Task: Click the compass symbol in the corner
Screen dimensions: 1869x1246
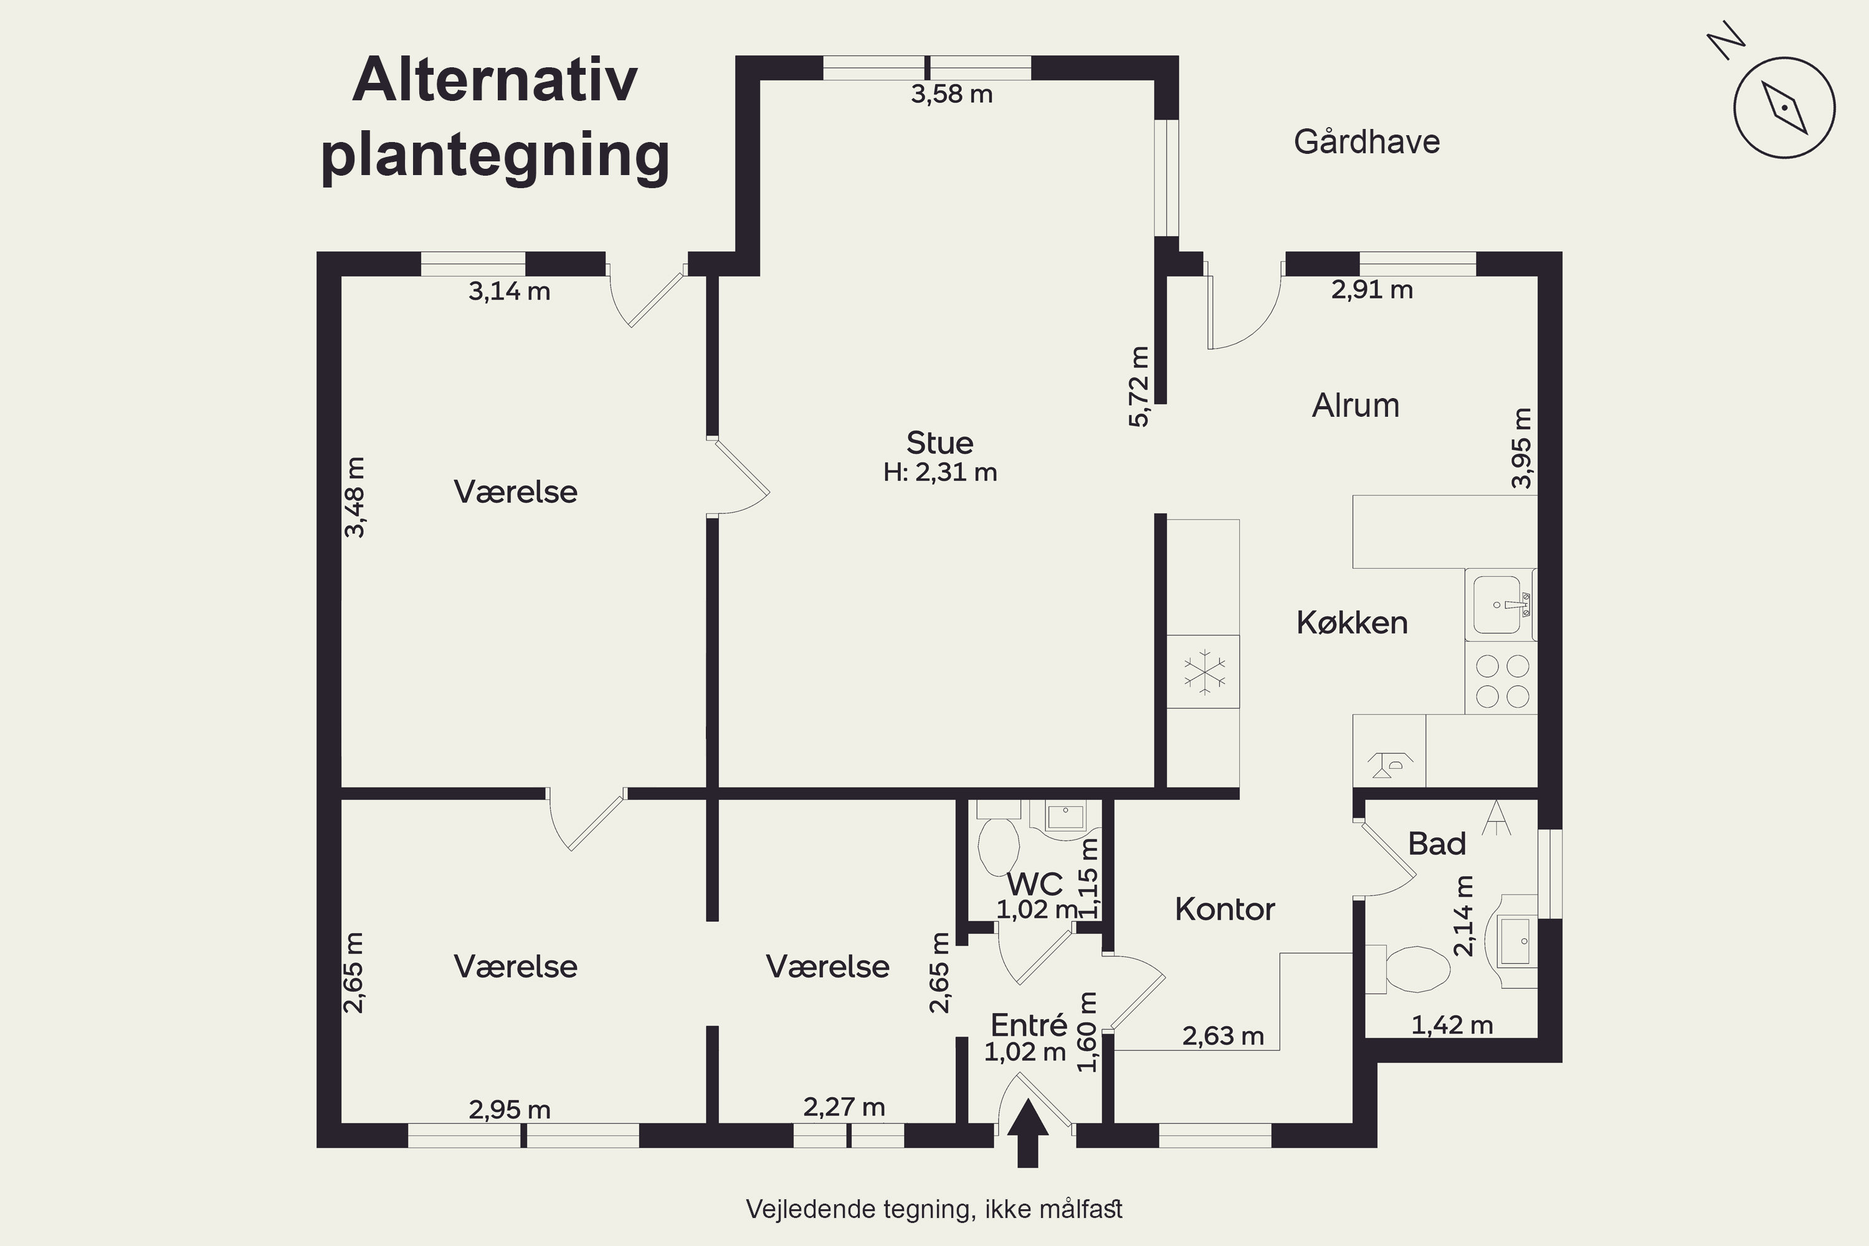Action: tap(1784, 108)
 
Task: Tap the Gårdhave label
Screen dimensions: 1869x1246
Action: tap(1367, 141)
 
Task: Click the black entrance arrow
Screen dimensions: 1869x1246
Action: tap(1027, 1133)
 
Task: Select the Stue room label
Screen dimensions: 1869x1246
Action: tap(940, 442)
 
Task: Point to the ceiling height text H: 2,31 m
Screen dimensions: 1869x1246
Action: tap(940, 472)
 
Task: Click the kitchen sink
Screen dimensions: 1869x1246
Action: tap(1501, 605)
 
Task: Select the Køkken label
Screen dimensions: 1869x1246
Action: tap(1352, 622)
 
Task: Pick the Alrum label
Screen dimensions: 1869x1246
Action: tap(1356, 406)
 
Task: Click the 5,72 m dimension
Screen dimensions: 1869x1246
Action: tap(1139, 386)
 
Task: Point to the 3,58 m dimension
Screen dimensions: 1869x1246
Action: tap(951, 95)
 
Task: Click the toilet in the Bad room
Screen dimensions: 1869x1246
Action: tap(1407, 969)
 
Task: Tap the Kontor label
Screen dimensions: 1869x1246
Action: tap(1225, 909)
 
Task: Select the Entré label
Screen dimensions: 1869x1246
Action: tap(1029, 1025)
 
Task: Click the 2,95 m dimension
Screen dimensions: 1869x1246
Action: tap(510, 1110)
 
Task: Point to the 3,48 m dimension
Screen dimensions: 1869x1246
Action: tap(354, 497)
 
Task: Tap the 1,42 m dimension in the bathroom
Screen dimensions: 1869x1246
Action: tap(1452, 1025)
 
